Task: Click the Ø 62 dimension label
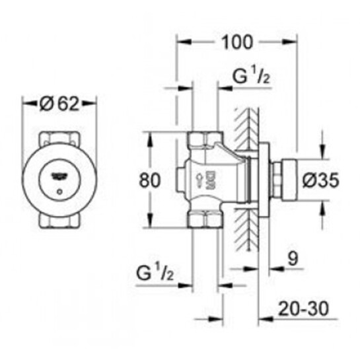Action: coord(59,104)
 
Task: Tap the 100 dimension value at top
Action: coord(236,43)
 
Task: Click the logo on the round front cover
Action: coord(59,176)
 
